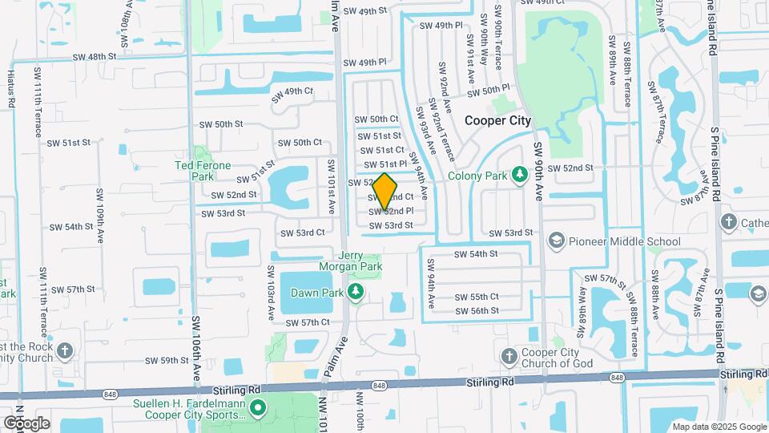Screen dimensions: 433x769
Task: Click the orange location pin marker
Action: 384,192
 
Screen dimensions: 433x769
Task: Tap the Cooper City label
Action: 497,120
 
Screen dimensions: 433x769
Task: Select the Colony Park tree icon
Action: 519,175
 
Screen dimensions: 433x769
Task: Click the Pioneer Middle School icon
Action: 557,241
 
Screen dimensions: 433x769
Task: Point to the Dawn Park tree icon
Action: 354,293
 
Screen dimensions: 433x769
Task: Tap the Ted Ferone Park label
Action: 203,170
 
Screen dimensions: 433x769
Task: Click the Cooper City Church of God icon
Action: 508,355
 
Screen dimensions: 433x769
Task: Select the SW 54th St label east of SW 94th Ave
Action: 476,253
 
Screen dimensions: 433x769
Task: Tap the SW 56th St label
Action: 477,310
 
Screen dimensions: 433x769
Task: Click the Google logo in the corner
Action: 26,423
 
